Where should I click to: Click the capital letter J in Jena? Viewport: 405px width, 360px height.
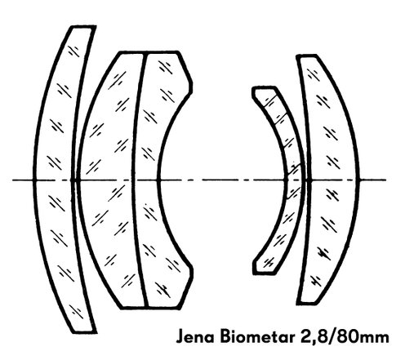[x=180, y=337]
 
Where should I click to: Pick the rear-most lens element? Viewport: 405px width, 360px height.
[x=333, y=180]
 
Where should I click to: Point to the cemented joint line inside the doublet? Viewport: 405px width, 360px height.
[x=132, y=180]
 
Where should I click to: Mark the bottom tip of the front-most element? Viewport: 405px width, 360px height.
[x=84, y=332]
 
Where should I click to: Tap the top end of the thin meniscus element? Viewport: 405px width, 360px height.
[x=264, y=88]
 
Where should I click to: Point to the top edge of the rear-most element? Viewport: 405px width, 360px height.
[x=306, y=56]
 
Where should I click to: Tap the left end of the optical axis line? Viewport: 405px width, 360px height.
[x=12, y=180]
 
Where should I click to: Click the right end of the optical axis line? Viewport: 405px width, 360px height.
[x=386, y=180]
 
